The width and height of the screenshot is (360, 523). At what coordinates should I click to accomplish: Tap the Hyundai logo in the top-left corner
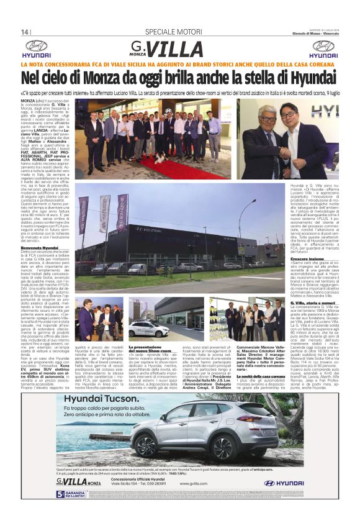[x=37, y=49]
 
